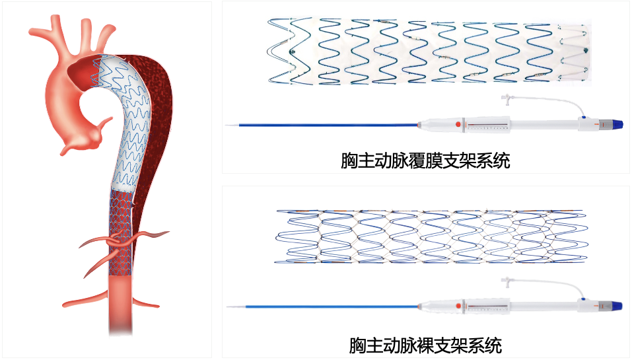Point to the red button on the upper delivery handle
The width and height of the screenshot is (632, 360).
457,124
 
